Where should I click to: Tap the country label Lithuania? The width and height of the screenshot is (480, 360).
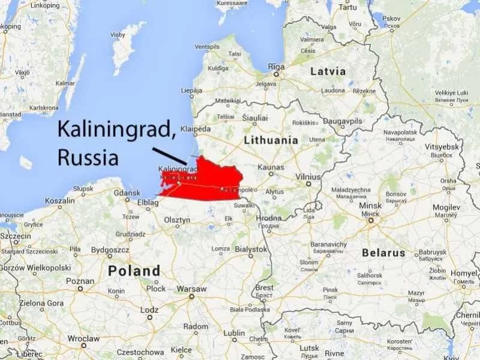click(x=271, y=140)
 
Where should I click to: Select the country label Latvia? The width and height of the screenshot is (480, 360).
click(x=328, y=71)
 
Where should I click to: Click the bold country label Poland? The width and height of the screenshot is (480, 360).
click(x=134, y=271)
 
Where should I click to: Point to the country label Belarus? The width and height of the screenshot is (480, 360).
click(x=383, y=253)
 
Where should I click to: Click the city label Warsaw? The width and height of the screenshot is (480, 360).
click(x=192, y=289)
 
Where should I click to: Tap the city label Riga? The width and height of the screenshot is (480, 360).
click(x=276, y=66)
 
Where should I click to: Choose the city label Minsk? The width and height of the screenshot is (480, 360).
click(x=370, y=206)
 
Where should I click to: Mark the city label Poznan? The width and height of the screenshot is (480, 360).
click(x=80, y=281)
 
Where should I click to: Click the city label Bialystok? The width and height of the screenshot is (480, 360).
click(x=250, y=248)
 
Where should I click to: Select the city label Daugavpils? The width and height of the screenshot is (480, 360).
click(x=343, y=121)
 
